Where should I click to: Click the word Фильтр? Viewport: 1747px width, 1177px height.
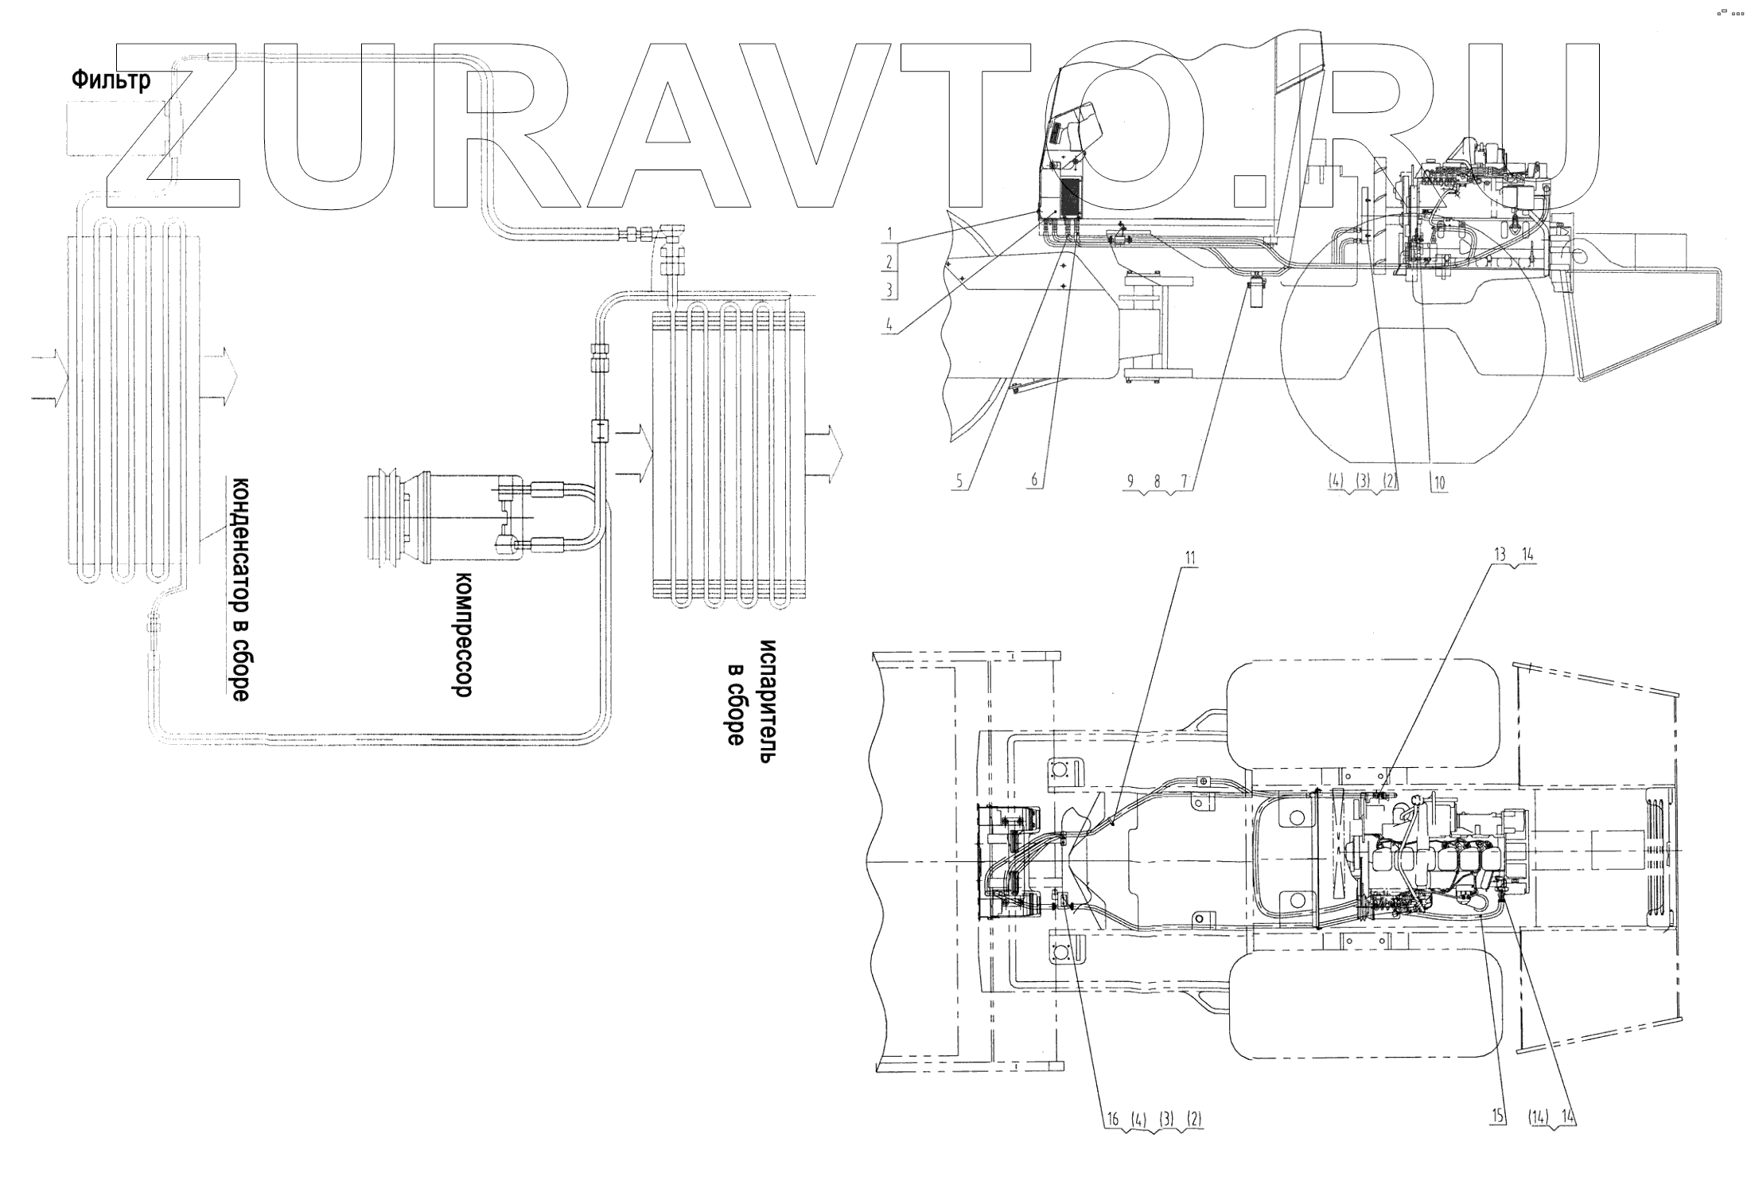111,80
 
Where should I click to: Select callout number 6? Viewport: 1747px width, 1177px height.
1034,481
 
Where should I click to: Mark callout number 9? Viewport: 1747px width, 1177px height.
1130,481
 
